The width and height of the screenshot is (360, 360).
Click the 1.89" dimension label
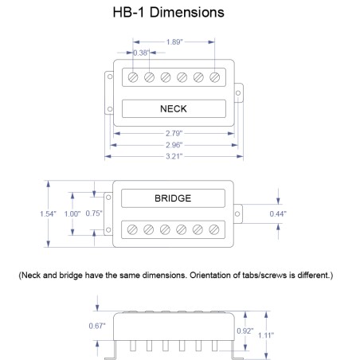coord(174,42)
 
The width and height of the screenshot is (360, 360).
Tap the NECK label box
coord(174,108)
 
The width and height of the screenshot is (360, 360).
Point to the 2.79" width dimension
coord(174,133)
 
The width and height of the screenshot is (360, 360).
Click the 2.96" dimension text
coord(174,145)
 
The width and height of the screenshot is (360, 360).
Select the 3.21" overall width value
coord(174,157)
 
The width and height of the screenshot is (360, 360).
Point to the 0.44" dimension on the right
coord(299,214)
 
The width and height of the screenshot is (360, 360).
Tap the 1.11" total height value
coord(266,335)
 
